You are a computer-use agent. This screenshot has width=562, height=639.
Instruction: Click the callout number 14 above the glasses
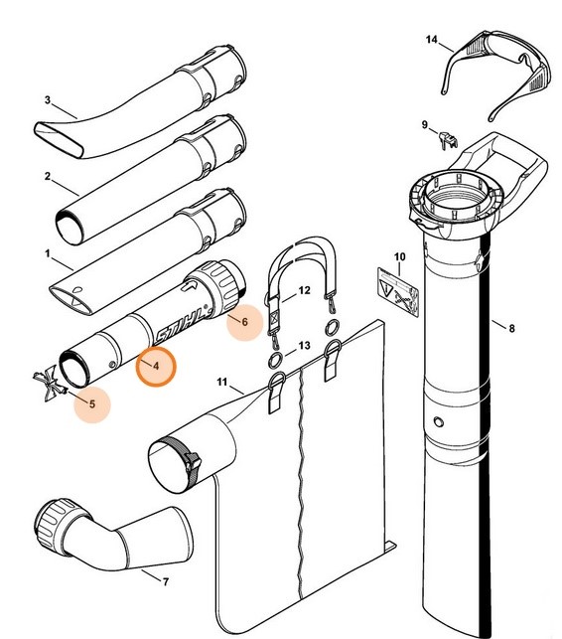432,40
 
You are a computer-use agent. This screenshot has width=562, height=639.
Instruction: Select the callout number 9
424,124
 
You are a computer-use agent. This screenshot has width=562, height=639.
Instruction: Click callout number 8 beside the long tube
511,326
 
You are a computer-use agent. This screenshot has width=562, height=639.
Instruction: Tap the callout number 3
47,99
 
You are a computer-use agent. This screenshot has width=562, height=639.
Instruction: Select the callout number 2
47,176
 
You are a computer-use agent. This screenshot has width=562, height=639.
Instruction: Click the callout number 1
47,253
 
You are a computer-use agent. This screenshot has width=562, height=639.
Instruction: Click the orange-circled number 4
155,366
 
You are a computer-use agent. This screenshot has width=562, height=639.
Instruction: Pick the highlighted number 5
92,403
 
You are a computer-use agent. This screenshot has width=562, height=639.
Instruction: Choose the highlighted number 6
244,322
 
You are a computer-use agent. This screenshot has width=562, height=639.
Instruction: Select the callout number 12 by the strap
305,292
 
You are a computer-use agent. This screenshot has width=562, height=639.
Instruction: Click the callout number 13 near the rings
305,345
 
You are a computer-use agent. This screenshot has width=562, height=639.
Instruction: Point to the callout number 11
222,383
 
